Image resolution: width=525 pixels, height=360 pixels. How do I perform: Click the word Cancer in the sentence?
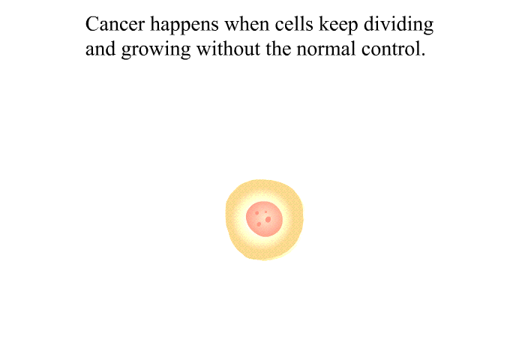click(115, 25)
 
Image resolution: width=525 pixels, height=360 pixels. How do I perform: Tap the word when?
click(247, 23)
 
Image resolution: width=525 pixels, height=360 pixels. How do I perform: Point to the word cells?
click(294, 23)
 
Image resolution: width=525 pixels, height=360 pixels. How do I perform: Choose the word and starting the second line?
click(100, 49)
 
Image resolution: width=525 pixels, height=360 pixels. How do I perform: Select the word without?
click(228, 49)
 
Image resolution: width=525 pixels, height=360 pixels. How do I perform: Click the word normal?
click(326, 49)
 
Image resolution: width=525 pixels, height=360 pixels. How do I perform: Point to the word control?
click(391, 49)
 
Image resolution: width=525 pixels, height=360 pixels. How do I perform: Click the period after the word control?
click(423, 55)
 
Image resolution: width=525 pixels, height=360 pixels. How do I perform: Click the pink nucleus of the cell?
click(264, 219)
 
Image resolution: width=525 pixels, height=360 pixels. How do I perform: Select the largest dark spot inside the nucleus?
click(268, 220)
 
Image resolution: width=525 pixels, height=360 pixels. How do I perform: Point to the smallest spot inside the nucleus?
click(265, 212)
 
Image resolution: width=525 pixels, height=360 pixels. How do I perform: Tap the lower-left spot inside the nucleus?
click(259, 224)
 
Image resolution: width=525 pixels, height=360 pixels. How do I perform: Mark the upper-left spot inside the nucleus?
click(256, 213)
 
